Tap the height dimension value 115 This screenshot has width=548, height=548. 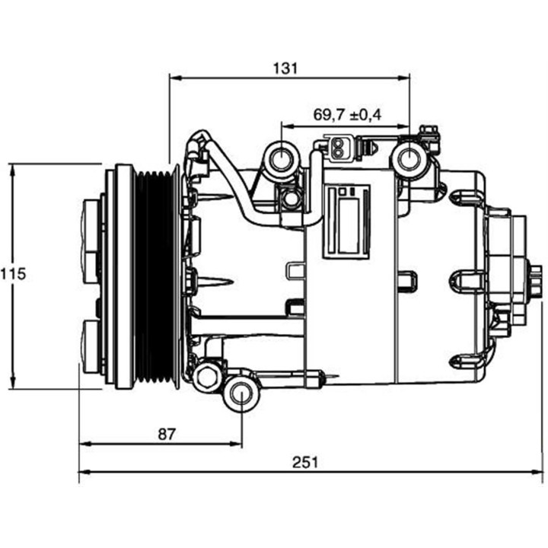point(13,275)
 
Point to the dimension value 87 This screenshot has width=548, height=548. point(166,434)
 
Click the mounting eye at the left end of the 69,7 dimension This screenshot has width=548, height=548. point(281,161)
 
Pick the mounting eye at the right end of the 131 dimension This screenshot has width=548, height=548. point(409,160)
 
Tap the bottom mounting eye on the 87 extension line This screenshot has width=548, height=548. point(241,394)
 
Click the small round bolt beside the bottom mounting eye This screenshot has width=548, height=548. point(206,377)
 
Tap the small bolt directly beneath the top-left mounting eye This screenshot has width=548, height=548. point(289,199)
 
